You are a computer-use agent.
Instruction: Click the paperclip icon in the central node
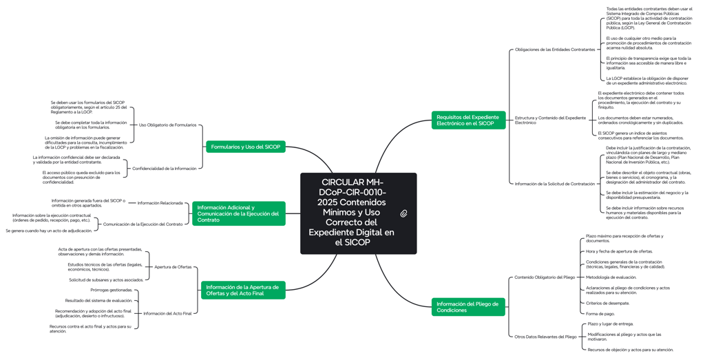coord(403,213)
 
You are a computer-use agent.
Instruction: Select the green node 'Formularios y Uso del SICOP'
coord(246,147)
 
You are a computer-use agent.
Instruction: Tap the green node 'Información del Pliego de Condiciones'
coord(468,307)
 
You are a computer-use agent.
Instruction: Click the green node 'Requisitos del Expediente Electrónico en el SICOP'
coord(468,120)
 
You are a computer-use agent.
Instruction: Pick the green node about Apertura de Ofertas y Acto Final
coord(243,290)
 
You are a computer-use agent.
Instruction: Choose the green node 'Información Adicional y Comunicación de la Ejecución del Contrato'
coord(238,213)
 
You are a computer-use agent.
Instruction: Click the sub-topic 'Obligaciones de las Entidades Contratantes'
coord(554,50)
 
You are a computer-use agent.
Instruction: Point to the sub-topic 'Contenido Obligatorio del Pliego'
coord(544,277)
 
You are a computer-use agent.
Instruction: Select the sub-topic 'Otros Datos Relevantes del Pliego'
coord(545,337)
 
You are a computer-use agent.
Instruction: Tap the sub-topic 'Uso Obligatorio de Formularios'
coord(167,125)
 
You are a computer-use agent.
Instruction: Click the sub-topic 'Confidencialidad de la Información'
coord(164,169)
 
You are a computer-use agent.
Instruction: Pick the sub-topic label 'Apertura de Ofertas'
coord(173,267)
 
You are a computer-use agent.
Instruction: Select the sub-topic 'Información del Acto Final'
coord(167,313)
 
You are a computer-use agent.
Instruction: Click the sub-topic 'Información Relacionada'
coord(160,203)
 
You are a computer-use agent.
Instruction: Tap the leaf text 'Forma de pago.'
coord(600,314)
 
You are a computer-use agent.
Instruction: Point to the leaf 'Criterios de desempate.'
coord(607,303)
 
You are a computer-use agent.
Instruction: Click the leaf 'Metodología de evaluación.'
coord(611,277)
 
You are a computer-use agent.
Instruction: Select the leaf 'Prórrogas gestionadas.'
coord(112,290)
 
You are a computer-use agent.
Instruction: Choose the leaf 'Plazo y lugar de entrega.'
coord(610,324)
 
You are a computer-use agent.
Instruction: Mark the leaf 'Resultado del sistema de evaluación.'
coord(99,300)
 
